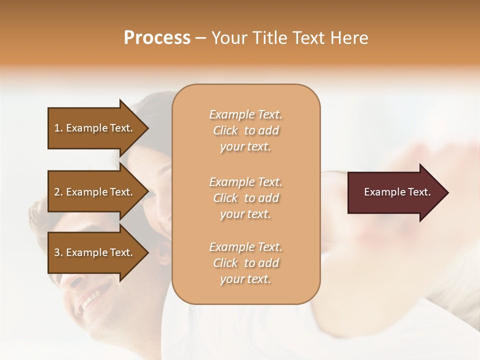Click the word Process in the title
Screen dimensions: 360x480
pos(157,38)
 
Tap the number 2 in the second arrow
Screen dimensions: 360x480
pos(57,192)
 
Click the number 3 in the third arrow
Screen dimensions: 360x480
pos(57,252)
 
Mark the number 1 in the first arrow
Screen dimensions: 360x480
pos(57,128)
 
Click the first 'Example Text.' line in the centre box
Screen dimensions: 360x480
pos(245,114)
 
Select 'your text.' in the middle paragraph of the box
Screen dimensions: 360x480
pos(245,214)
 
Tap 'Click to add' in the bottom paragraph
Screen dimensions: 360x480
pos(245,263)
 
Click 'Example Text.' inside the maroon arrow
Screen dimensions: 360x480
pos(397,192)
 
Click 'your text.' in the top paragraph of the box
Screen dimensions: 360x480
pos(245,147)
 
